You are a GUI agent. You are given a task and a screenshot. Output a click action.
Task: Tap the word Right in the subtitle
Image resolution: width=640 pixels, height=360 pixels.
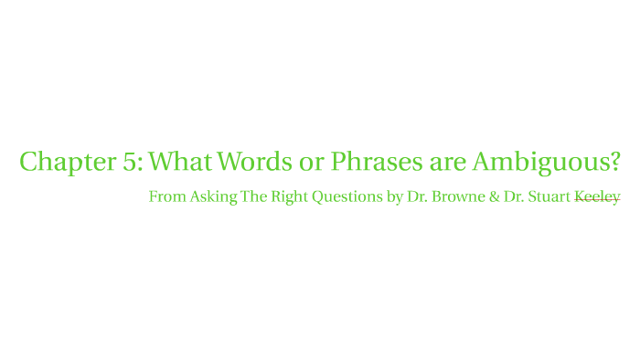(290, 197)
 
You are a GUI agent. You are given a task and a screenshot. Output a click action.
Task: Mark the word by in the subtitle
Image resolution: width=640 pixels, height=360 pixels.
(395, 197)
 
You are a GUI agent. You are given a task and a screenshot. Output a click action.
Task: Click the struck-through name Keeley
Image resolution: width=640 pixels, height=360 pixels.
(597, 197)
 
